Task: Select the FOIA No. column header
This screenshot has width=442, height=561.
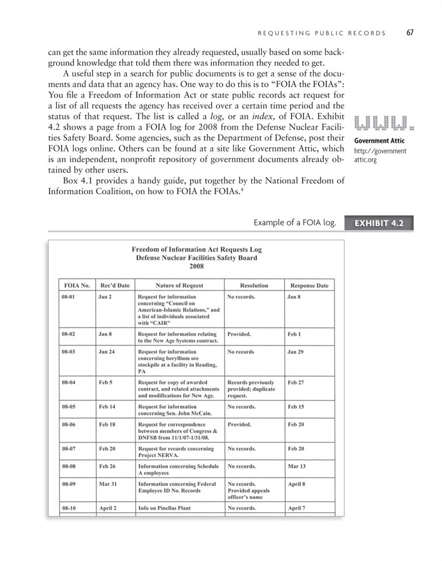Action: tap(76, 285)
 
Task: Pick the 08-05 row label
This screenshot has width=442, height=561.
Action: tap(69, 406)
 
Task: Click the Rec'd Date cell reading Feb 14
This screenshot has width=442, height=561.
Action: tap(107, 406)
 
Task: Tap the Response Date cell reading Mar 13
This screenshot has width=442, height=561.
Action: tap(297, 466)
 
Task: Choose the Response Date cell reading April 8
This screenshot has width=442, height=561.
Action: tap(298, 484)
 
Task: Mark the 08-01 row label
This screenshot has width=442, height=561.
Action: tap(69, 296)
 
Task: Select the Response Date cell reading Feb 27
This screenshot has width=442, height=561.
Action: tap(296, 381)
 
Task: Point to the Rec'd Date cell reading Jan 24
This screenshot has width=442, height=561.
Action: tap(107, 353)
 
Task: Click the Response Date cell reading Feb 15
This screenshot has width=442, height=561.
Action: tap(296, 406)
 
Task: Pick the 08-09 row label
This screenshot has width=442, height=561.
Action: tap(69, 484)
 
